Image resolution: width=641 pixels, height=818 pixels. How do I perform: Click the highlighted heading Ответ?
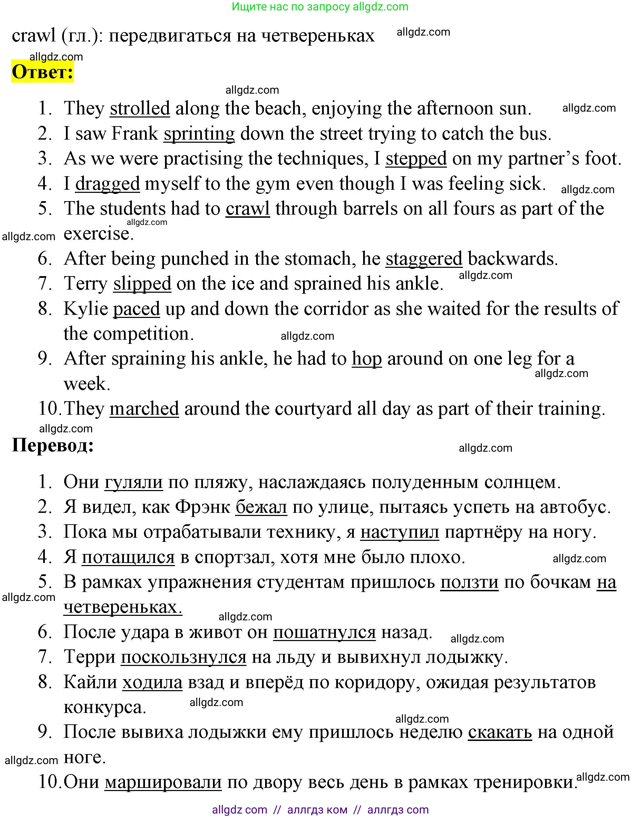coord(42,72)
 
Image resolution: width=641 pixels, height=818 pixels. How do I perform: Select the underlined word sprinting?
coord(199,134)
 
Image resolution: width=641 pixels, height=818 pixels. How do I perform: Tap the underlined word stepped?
coord(416,159)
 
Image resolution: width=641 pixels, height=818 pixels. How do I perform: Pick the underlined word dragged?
coord(107,184)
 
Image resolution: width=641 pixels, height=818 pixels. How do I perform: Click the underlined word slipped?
coord(142,284)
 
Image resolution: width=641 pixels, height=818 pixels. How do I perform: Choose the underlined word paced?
coord(136,309)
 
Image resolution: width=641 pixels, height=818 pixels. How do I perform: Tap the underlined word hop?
coord(367,359)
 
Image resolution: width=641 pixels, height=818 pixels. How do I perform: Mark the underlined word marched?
coord(144,409)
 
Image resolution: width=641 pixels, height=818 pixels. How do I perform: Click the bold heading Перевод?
coord(53,446)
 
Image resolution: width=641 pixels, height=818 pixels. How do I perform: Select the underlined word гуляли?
coord(134,482)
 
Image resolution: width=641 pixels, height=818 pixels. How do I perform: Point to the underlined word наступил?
coord(399,532)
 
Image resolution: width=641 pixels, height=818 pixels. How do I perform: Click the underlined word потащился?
coord(128,557)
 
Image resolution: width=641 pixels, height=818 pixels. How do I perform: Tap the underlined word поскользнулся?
coord(184,657)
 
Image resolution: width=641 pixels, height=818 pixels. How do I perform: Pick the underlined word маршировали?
coord(163,782)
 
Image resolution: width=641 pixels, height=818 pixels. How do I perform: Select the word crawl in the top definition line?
coord(34,36)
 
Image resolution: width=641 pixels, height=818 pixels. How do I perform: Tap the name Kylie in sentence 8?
coord(86,309)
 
